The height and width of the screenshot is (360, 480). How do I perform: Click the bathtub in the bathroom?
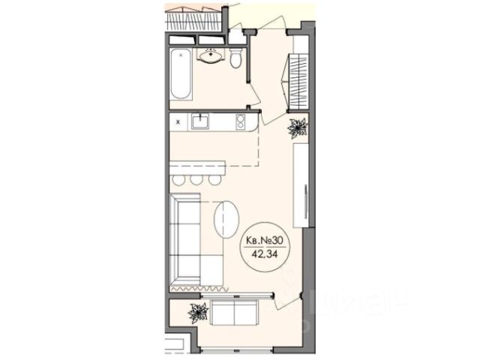click(181, 73)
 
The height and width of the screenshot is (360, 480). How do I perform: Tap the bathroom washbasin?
click(211, 56)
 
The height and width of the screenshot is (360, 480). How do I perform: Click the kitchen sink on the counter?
click(200, 121)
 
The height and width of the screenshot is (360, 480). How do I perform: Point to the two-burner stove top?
click(241, 122)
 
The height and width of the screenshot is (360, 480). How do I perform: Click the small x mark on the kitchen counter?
click(178, 122)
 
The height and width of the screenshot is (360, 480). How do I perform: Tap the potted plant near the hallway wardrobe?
click(298, 128)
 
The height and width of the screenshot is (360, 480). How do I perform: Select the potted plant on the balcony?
click(198, 313)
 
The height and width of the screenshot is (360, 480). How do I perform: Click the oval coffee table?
click(226, 219)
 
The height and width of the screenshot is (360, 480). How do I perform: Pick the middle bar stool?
click(196, 180)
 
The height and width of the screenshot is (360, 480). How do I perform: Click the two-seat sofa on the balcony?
click(234, 312)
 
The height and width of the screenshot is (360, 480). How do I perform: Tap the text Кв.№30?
click(264, 241)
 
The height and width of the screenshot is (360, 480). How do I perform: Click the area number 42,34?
click(265, 254)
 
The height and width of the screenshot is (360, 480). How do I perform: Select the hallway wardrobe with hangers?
click(298, 82)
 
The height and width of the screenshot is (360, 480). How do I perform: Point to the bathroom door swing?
click(253, 94)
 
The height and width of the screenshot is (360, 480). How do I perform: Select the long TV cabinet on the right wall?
click(301, 185)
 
